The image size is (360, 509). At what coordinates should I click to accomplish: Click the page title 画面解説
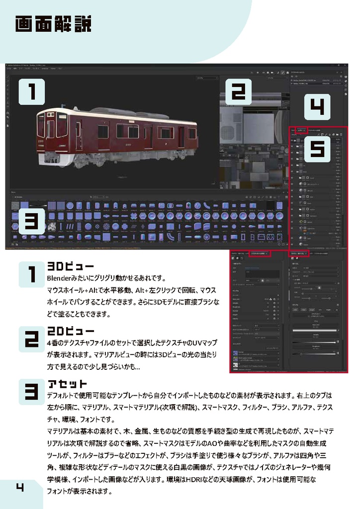coord(53,24)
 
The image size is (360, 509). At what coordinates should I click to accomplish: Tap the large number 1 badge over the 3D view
coord(32,92)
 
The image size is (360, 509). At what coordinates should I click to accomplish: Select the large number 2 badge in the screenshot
coord(238,92)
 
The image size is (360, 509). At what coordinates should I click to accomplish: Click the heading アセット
coord(67,384)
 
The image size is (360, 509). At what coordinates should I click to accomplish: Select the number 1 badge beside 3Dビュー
coord(32,275)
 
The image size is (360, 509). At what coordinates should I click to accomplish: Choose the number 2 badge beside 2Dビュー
coord(32,339)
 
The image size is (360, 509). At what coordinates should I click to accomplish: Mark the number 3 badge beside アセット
coord(32,392)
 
